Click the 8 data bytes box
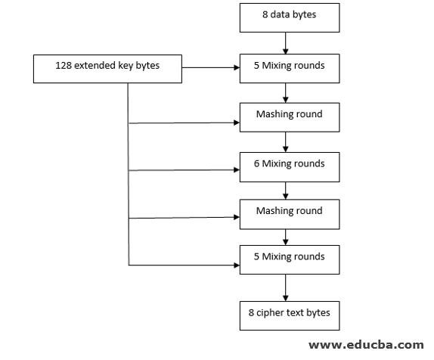click(x=290, y=17)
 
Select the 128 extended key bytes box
click(x=107, y=69)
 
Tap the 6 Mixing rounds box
click(x=290, y=167)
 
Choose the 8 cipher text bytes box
click(x=290, y=315)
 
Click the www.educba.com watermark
click(x=366, y=345)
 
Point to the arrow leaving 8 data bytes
click(x=285, y=43)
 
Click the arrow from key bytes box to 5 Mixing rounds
click(x=211, y=67)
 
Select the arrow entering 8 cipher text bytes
click(x=285, y=287)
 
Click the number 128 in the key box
click(x=64, y=65)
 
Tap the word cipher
click(x=270, y=313)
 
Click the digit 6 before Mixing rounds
click(x=256, y=163)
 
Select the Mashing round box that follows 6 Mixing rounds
click(x=290, y=214)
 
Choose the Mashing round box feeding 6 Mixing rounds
click(x=290, y=117)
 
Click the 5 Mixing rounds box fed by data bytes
click(x=290, y=68)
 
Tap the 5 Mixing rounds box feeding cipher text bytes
click(x=290, y=259)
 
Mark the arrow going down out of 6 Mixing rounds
click(x=285, y=191)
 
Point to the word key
click(x=126, y=66)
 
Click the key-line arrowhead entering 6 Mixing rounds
click(x=237, y=169)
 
